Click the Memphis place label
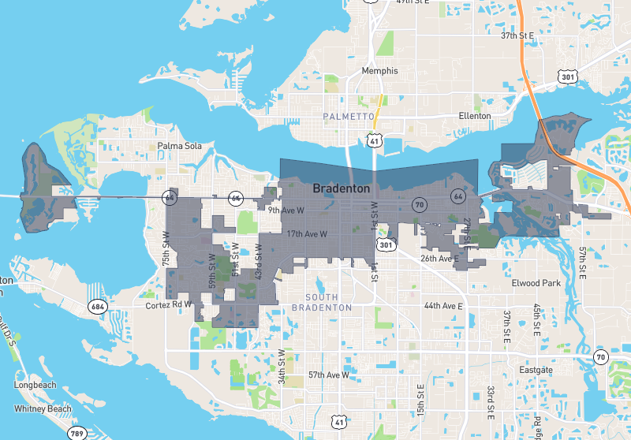379,71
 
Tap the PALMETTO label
348,117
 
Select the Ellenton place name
475,116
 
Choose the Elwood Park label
536,282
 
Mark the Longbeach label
35,386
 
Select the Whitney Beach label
43,408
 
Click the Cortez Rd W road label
170,304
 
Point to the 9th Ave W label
286,211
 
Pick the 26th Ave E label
439,259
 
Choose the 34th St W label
281,366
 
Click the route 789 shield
77,434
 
